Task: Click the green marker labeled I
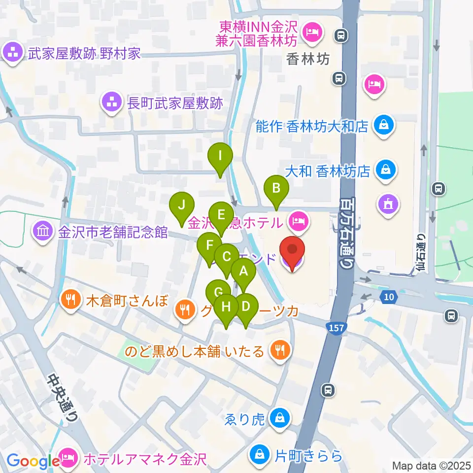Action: [x=221, y=158]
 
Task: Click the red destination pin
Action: [x=292, y=251]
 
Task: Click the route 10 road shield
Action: [x=387, y=296]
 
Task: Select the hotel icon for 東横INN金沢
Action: [x=312, y=34]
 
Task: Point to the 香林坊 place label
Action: [x=308, y=60]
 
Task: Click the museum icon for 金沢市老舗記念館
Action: [x=43, y=230]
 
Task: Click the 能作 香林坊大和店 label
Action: [x=312, y=127]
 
